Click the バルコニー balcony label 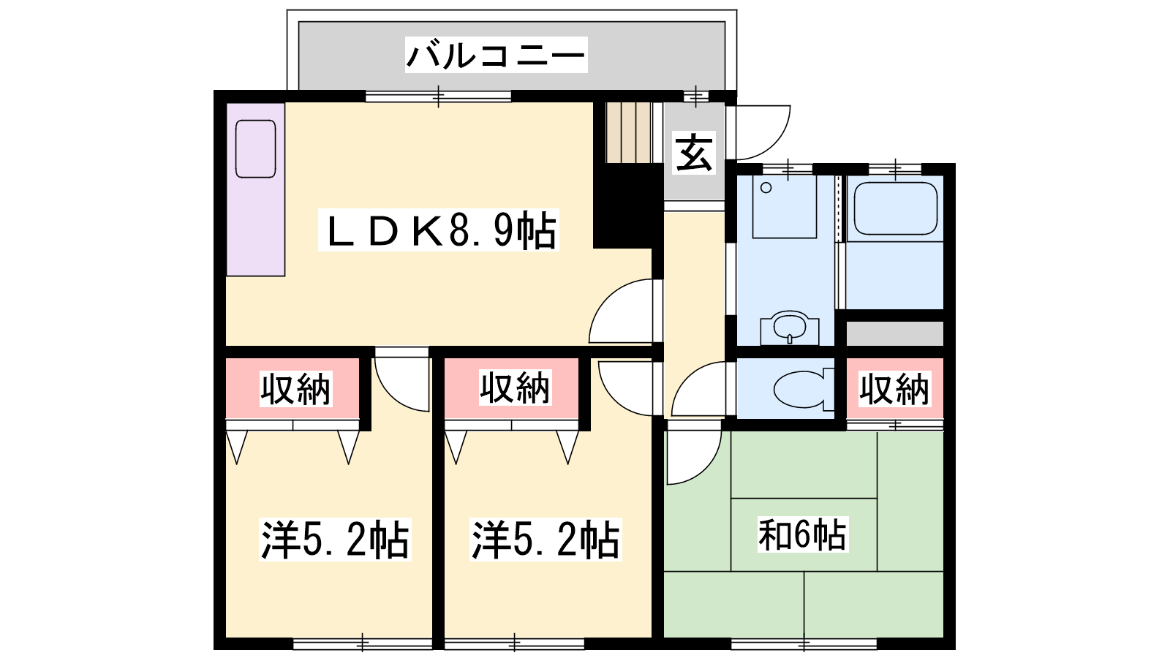(497, 56)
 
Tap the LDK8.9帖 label (439, 230)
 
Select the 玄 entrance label (694, 153)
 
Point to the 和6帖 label (802, 534)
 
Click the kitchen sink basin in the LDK (255, 149)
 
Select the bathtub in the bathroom (895, 209)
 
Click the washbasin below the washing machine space (790, 328)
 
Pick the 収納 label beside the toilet (895, 389)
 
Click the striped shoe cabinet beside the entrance (629, 132)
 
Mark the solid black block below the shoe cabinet (628, 205)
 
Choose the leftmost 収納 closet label (295, 389)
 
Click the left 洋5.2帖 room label (335, 540)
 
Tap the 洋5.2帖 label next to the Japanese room (546, 540)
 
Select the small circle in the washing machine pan (766, 187)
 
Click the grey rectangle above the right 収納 (895, 333)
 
